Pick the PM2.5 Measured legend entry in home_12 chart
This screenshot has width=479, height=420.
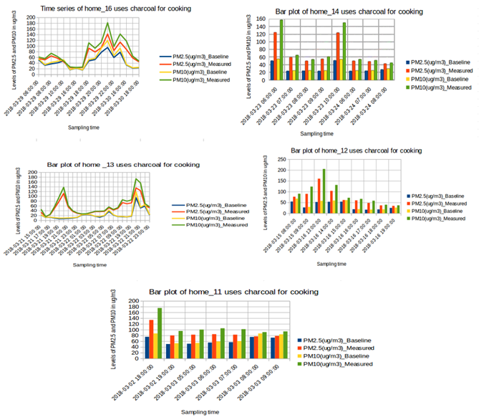[x=440, y=203]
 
